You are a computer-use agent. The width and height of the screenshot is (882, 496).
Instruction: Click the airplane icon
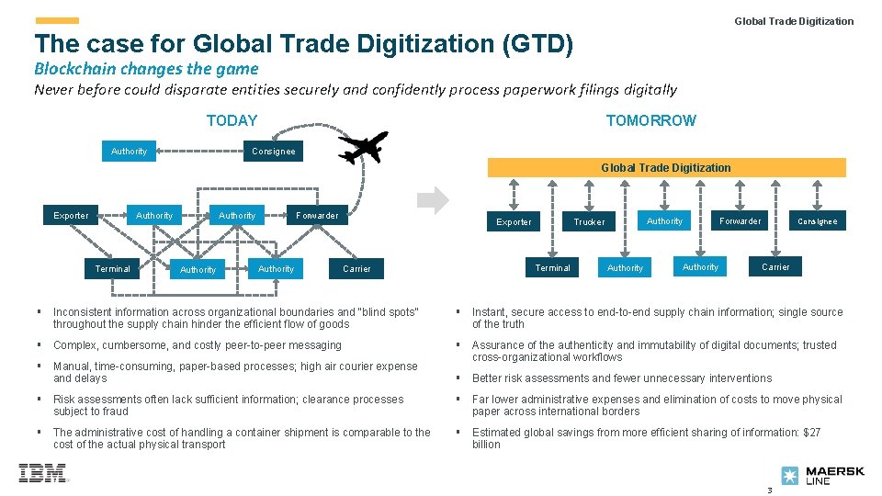point(364,147)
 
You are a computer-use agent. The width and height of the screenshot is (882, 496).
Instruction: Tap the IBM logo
point(42,473)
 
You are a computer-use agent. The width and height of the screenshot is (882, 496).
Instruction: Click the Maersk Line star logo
point(790,476)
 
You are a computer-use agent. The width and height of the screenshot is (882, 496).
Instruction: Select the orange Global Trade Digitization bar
point(666,167)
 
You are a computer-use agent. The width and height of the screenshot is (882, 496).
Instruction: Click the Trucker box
point(589,221)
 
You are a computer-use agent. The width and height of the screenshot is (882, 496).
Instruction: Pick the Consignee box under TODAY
point(274,152)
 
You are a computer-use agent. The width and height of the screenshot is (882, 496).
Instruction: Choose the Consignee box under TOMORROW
point(817,221)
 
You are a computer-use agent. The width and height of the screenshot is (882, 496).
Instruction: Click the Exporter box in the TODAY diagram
point(71,216)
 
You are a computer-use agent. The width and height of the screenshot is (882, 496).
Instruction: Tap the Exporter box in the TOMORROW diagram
point(514,221)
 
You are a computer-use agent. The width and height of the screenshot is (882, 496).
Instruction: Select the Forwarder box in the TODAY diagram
point(317,216)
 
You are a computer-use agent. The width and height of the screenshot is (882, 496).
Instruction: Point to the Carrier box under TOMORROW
point(775,267)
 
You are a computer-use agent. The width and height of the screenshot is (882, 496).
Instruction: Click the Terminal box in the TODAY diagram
point(113,269)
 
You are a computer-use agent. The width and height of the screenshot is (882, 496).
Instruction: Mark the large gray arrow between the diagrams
point(435,199)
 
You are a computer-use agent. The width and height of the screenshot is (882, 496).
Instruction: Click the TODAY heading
point(232,120)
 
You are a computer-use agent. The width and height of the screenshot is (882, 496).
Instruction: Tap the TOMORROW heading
point(650,120)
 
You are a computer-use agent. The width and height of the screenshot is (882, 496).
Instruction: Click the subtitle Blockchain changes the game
point(146,68)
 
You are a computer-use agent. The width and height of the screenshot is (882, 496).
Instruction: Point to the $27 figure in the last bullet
point(810,433)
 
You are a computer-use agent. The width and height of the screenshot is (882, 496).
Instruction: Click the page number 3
point(770,490)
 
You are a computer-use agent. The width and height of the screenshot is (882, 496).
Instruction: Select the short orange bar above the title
point(57,20)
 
